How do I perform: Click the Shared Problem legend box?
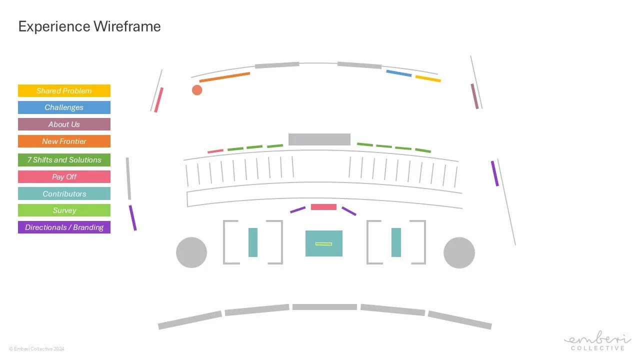64,91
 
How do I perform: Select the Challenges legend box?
64,107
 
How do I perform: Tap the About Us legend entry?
64,124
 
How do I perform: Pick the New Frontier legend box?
64,141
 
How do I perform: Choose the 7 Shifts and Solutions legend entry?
64,160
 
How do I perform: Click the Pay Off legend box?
64,177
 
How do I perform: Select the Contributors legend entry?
64,194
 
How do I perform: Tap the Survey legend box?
64,210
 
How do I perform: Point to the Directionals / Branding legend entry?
64,227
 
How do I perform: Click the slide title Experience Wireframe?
89,26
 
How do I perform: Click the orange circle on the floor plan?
197,90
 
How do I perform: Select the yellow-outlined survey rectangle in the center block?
323,243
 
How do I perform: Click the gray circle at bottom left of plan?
191,252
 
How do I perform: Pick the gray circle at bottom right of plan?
459,252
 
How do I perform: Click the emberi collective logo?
597,342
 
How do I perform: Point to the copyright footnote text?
36,349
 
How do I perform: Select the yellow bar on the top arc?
428,78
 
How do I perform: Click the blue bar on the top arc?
398,73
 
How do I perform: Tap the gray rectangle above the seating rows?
319,139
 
